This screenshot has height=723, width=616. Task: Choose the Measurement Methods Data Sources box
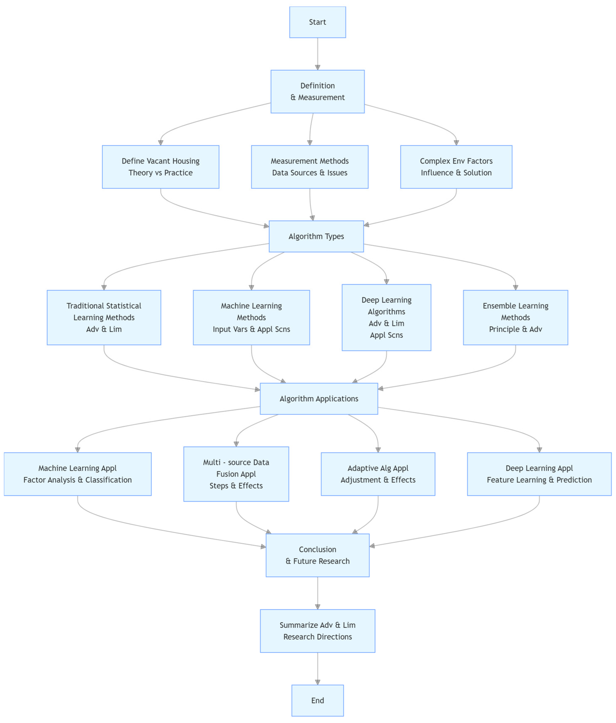click(x=310, y=167)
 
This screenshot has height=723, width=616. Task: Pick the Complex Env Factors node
click(x=456, y=167)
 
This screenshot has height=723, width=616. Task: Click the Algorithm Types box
click(x=316, y=236)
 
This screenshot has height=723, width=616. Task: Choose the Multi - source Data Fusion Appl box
click(x=236, y=474)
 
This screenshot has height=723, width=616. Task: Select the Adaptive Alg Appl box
click(x=378, y=474)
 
